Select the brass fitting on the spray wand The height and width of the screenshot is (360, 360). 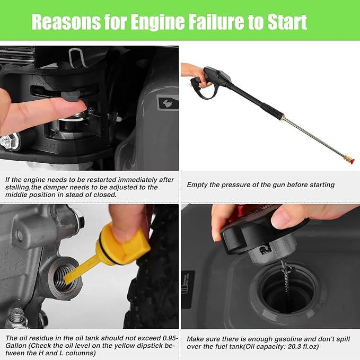click(283, 117)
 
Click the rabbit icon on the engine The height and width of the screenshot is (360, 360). click(168, 103)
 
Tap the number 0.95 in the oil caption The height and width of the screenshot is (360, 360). click(169, 338)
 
